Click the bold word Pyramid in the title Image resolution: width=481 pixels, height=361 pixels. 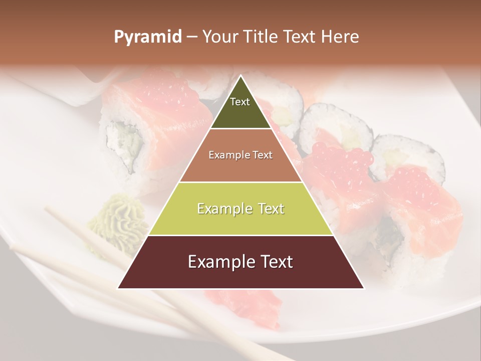click(x=147, y=37)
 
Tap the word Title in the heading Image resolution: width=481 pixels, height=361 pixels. click(x=261, y=37)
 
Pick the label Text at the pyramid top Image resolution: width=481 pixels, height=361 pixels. click(x=239, y=102)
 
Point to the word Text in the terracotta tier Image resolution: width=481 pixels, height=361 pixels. click(x=262, y=155)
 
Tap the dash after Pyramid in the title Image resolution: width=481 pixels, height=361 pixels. click(x=191, y=37)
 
